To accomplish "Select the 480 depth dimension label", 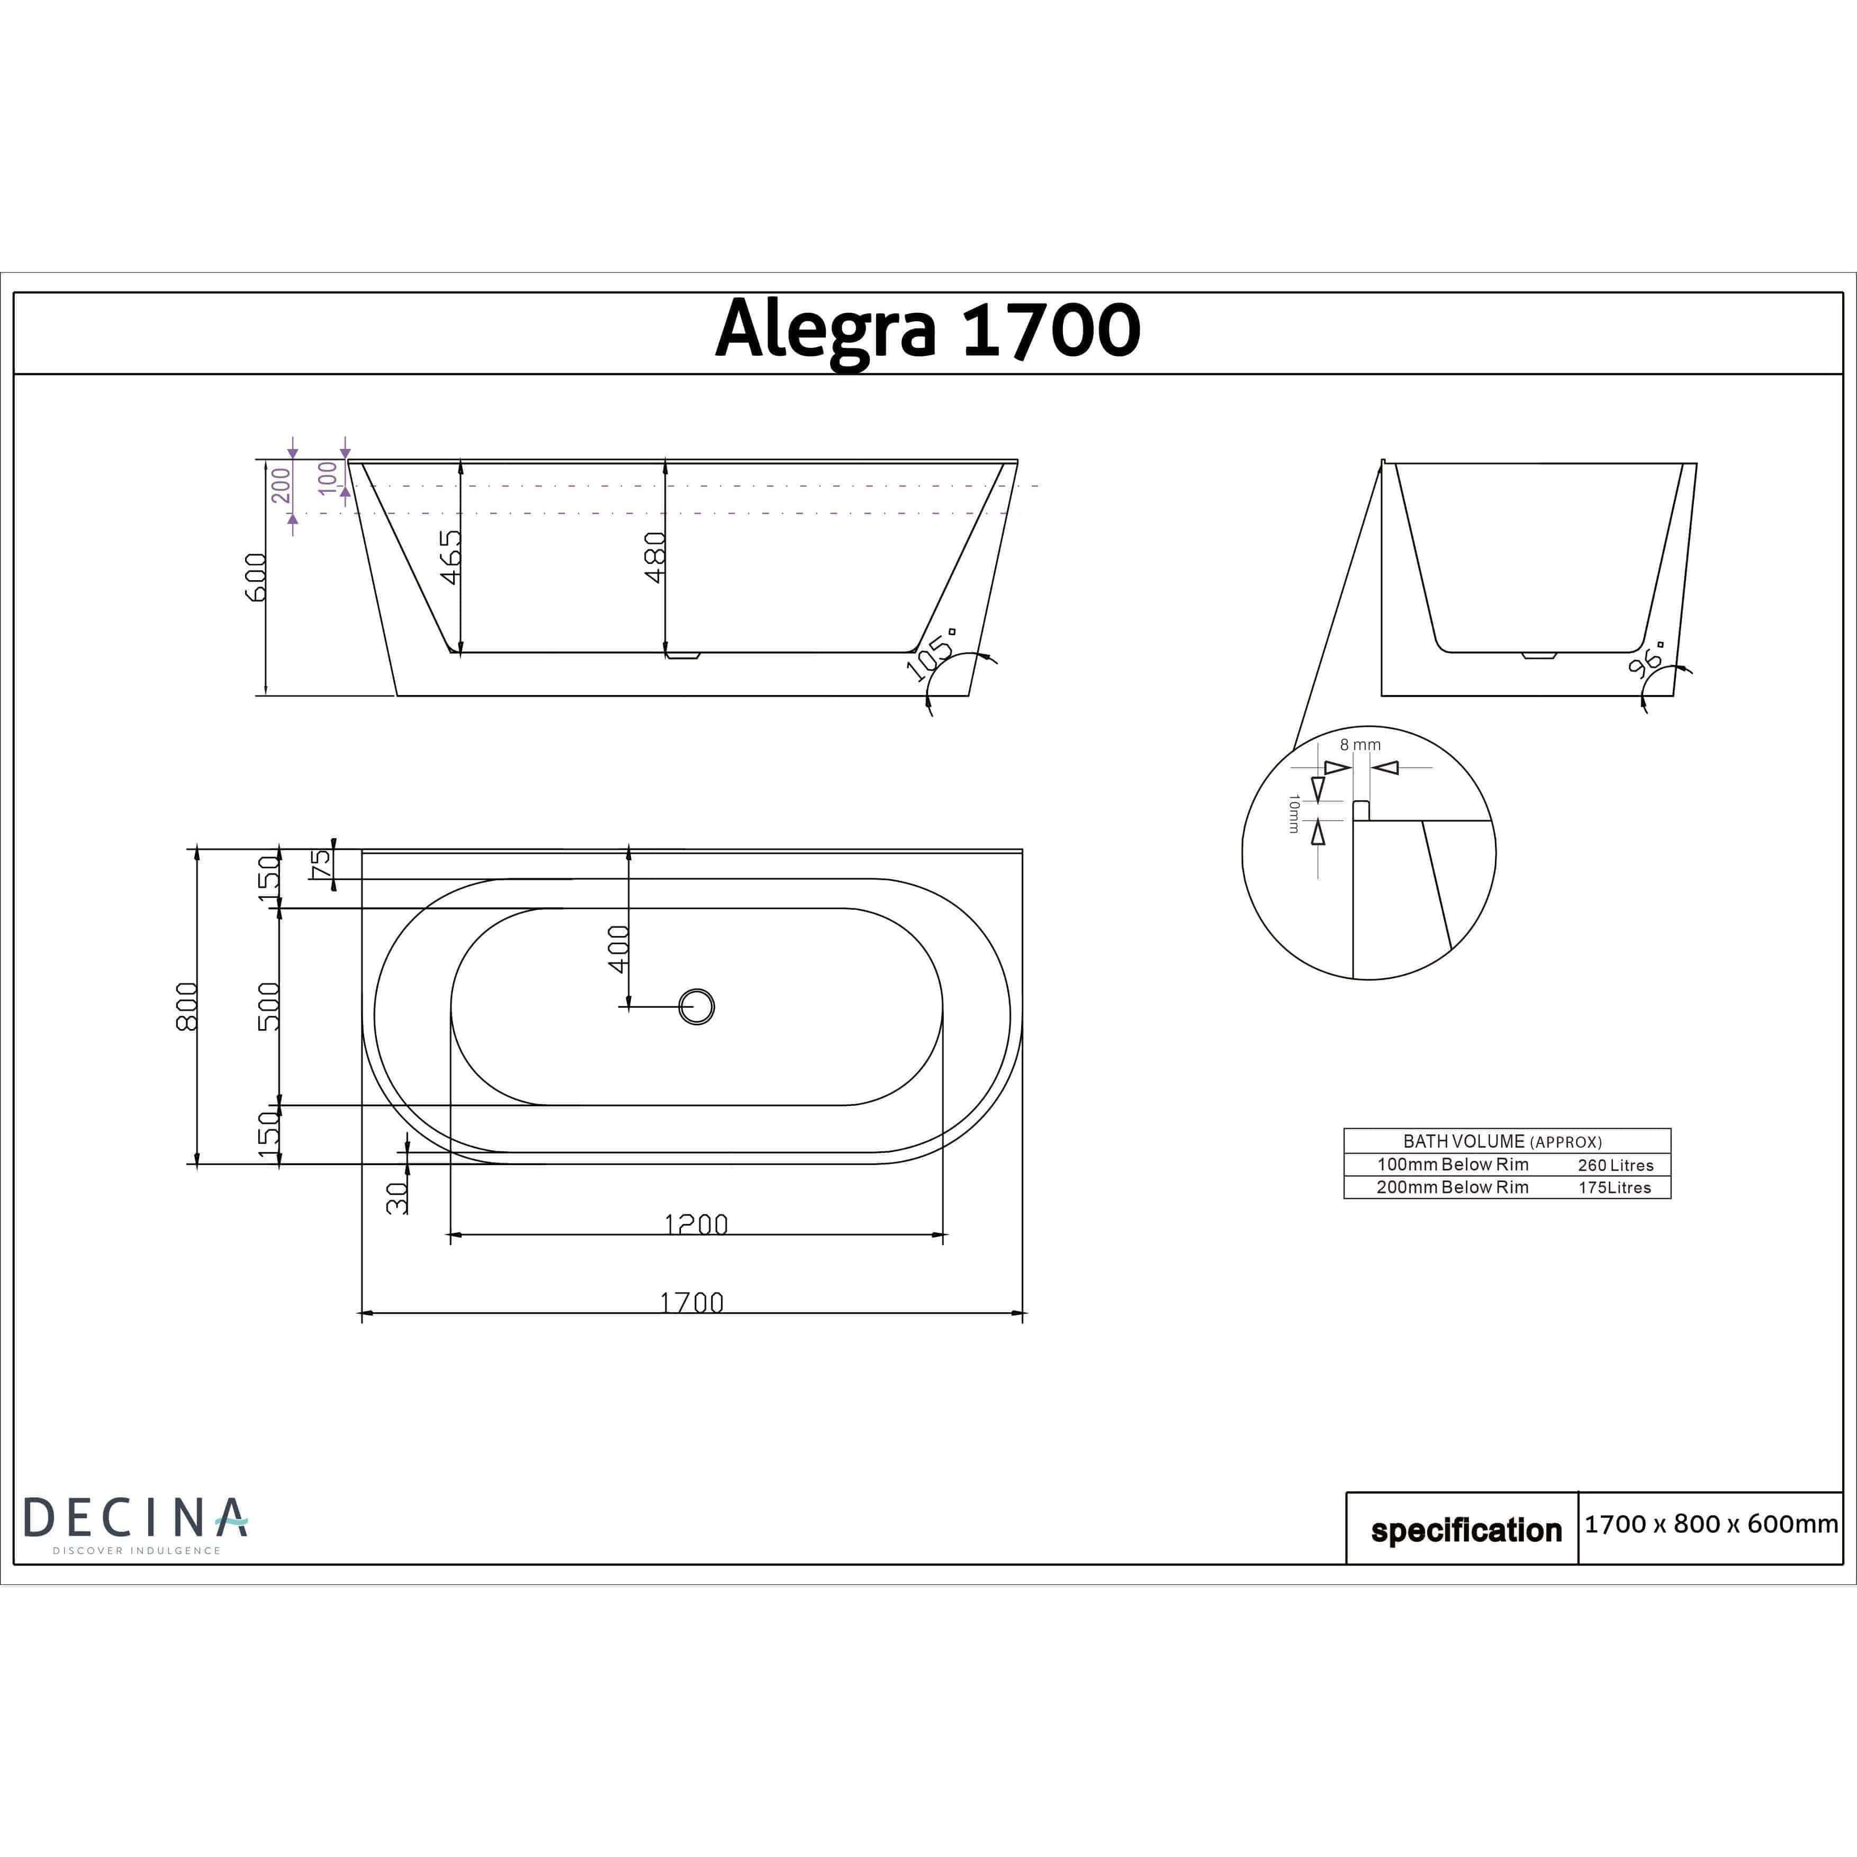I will point(655,557).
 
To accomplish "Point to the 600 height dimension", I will point(256,576).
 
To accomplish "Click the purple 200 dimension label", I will point(281,485).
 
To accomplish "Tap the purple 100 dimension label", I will point(329,477).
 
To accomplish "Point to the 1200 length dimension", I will point(696,1223).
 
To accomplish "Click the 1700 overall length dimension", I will point(691,1302).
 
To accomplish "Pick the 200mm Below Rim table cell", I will point(1453,1187).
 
